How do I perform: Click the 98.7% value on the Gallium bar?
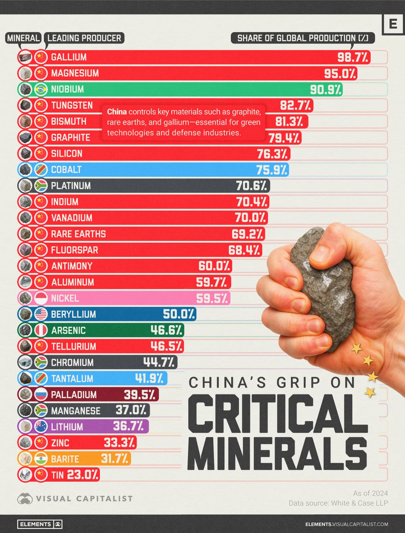[x=353, y=57]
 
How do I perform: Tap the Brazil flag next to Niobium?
[x=41, y=90]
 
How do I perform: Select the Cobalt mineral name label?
[x=66, y=170]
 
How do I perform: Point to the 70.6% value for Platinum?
[x=251, y=186]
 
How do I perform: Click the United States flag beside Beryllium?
[x=41, y=314]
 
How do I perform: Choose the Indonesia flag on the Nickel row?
[x=41, y=298]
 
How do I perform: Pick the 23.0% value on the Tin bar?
[x=83, y=475]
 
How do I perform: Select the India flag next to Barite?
[x=41, y=459]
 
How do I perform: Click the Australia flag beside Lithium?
[x=41, y=427]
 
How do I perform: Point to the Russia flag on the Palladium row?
[x=41, y=395]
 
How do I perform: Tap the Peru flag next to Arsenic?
[x=41, y=331]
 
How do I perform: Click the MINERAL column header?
[x=24, y=38]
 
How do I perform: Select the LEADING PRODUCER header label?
[x=84, y=38]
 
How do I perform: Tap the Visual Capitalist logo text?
[x=84, y=499]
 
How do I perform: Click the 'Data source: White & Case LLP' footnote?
[x=338, y=503]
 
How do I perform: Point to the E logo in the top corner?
[x=393, y=24]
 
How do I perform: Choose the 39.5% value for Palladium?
[x=140, y=395]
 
